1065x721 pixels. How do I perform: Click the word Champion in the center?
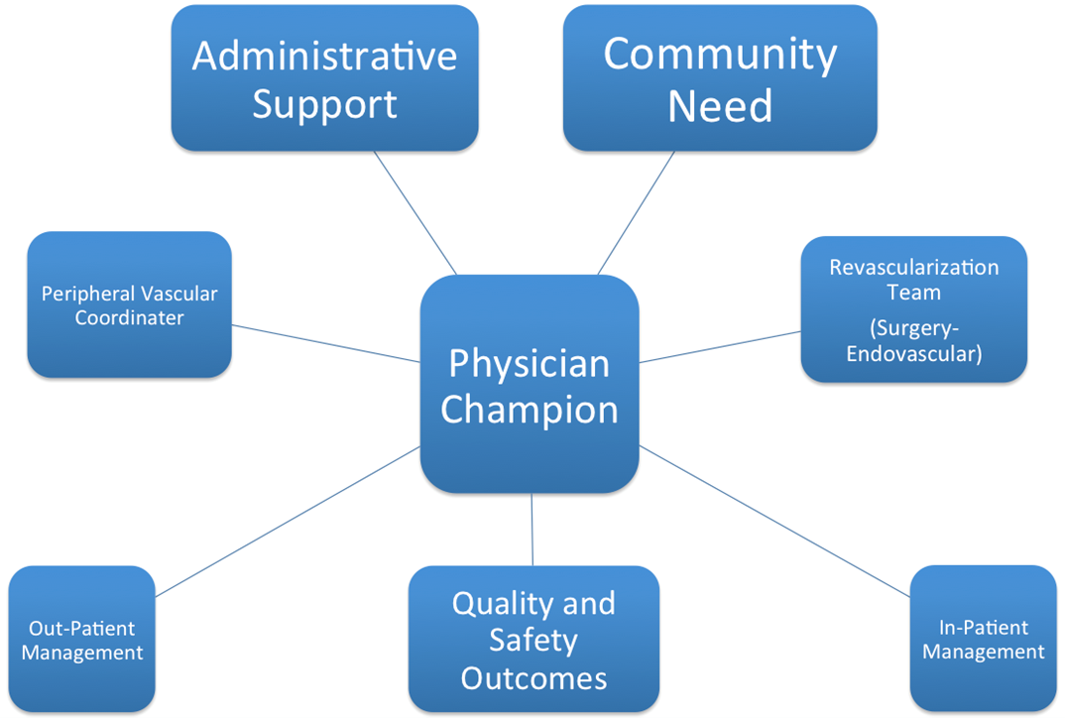click(x=529, y=409)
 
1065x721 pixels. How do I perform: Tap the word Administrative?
click(x=324, y=57)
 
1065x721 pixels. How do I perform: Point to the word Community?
click(x=720, y=55)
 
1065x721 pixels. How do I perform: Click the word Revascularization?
click(x=913, y=268)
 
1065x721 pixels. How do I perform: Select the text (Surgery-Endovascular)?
click(x=913, y=340)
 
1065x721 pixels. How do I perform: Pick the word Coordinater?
click(x=129, y=318)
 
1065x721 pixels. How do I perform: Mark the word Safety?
click(x=533, y=640)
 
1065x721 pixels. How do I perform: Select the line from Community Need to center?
click(x=637, y=212)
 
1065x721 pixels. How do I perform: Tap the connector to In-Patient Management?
click(x=774, y=522)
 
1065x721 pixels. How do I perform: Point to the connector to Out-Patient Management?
click(x=288, y=522)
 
